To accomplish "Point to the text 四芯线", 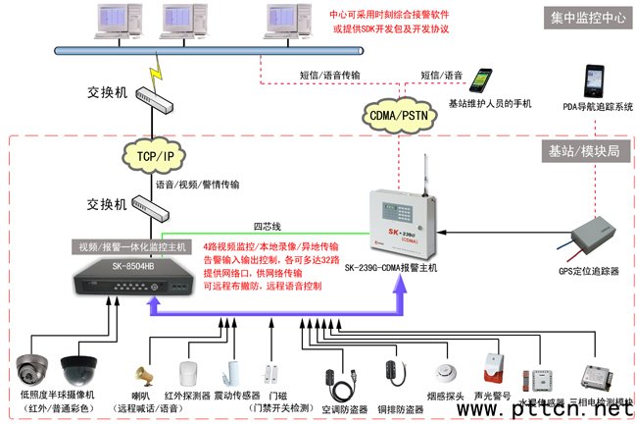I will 267,226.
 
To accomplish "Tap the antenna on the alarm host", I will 428,168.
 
